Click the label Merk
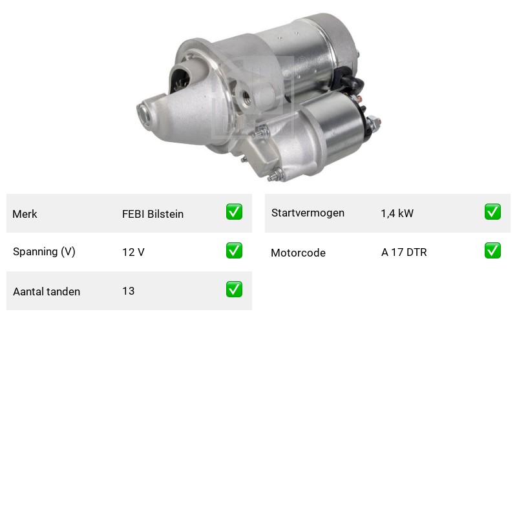(25, 214)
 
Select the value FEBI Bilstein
(153, 214)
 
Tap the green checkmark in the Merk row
(234, 212)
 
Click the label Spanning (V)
(44, 252)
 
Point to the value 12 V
(133, 252)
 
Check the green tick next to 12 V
(234, 250)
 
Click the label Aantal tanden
(47, 291)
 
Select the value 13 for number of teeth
(128, 291)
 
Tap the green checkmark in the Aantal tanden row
(234, 289)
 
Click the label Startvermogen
(308, 213)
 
